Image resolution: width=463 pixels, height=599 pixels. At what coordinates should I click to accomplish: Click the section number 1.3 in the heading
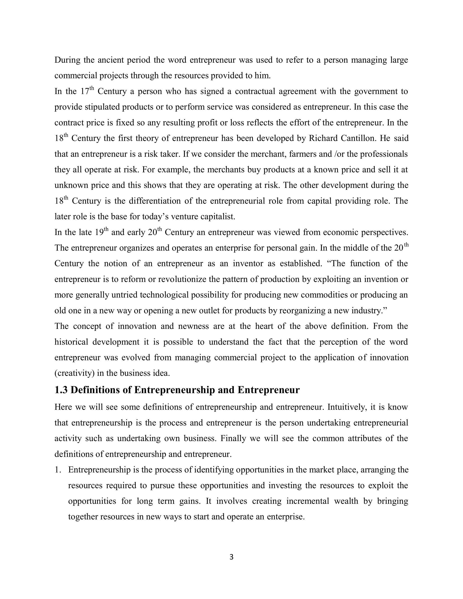pos(61,390)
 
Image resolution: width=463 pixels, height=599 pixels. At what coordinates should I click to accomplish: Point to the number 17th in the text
pos(87,91)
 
